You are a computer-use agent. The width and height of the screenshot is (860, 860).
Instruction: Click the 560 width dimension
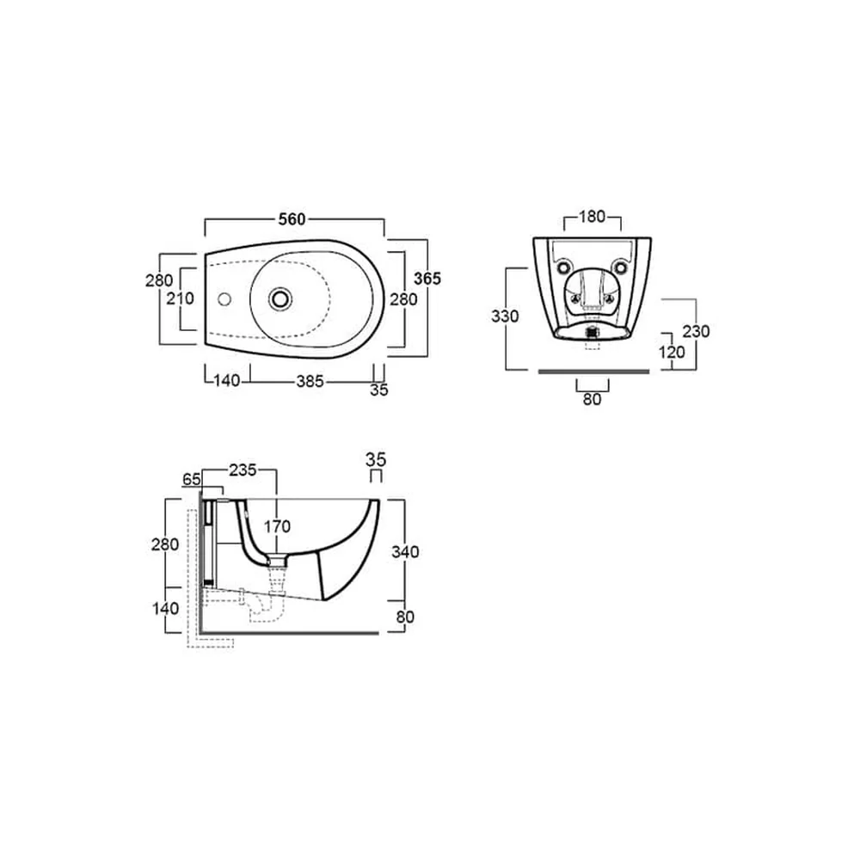(292, 219)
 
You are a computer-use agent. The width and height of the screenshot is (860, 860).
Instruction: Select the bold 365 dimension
(427, 279)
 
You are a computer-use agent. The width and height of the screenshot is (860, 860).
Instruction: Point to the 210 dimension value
(181, 298)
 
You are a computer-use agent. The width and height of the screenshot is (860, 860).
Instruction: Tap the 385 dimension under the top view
(310, 381)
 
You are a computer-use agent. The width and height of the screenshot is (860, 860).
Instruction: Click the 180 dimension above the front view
(593, 217)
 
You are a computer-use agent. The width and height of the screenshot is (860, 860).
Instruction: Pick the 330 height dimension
(505, 316)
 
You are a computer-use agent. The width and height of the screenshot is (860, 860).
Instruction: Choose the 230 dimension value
(696, 331)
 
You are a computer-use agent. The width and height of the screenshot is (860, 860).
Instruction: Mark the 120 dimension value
(672, 352)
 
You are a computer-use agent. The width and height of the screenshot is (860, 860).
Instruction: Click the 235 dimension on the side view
(243, 470)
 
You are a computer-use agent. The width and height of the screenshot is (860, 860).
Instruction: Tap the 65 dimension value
(192, 479)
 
